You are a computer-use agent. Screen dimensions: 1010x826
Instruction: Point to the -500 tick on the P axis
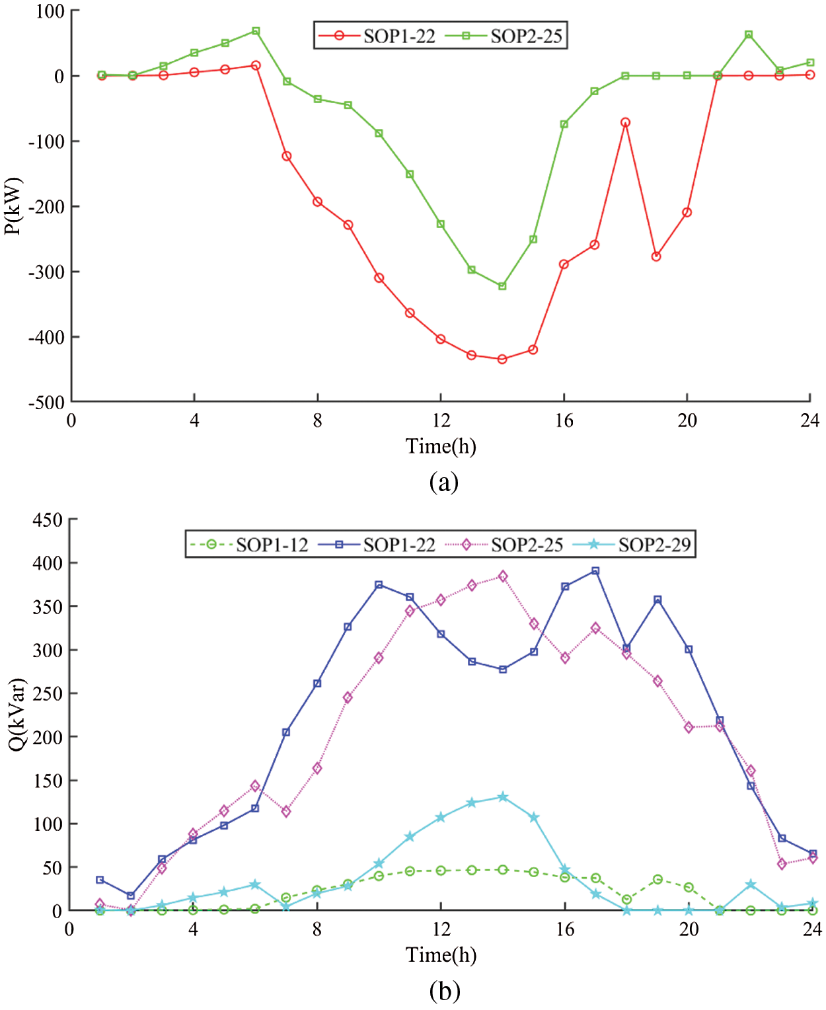pos(46,403)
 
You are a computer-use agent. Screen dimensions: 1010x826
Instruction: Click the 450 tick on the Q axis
pos(48,520)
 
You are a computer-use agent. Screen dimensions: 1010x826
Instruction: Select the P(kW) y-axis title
pos(13,206)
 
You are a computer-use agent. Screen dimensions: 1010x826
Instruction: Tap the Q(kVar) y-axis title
pos(16,714)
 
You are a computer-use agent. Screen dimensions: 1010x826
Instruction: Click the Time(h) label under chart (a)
pos(441,447)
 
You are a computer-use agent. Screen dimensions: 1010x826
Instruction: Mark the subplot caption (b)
pos(444,991)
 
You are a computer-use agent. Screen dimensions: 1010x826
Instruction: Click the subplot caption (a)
pos(443,482)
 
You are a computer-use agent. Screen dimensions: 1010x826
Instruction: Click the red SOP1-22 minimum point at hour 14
pos(502,359)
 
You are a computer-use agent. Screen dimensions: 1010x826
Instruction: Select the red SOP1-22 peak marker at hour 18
pos(625,122)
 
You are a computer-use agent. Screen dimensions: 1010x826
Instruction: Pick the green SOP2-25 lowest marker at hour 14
pos(502,286)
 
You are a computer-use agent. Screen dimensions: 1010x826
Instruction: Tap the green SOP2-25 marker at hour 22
pos(749,34)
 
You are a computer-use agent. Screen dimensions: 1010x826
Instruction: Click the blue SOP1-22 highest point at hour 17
pos(595,570)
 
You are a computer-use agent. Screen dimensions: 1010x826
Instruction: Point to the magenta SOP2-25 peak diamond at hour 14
pos(503,576)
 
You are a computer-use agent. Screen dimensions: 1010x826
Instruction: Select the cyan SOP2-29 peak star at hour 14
pos(503,796)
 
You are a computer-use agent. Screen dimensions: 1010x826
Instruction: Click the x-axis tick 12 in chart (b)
pos(441,929)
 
